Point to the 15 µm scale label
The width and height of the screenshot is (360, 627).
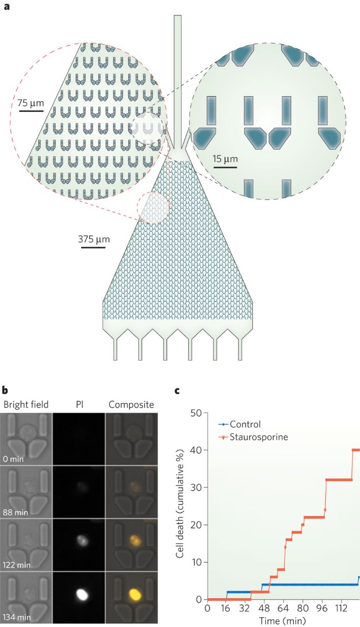click(x=225, y=158)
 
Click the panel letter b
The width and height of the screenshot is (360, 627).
click(x=5, y=392)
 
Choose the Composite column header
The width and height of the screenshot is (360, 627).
click(x=131, y=404)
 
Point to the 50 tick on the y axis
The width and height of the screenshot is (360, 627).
click(x=198, y=413)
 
